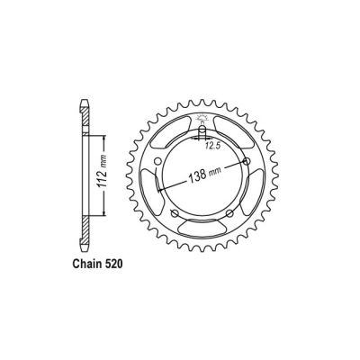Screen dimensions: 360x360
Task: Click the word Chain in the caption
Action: (85, 267)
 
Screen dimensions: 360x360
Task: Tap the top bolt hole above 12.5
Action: (197, 137)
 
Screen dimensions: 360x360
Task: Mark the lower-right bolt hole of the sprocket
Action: (232, 211)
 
